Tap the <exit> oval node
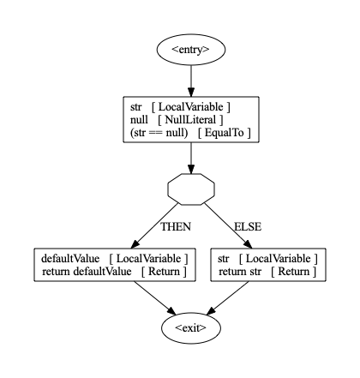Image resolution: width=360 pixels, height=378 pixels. (x=191, y=327)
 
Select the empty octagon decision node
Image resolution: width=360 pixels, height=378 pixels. (x=191, y=189)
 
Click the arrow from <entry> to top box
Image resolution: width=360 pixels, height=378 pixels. (x=191, y=81)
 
